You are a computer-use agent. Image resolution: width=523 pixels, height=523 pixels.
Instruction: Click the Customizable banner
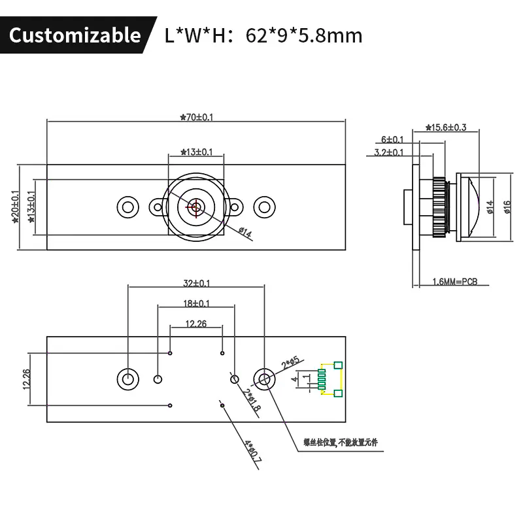pyautogui.click(x=75, y=35)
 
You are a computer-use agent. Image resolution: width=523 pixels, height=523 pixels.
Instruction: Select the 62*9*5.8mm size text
pyautogui.click(x=303, y=35)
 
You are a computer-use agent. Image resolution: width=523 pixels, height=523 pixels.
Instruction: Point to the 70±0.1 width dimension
pyautogui.click(x=197, y=118)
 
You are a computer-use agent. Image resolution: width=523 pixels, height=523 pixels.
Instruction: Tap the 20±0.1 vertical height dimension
pyautogui.click(x=15, y=207)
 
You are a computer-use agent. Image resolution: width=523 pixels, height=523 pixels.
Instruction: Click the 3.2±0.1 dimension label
pyautogui.click(x=388, y=152)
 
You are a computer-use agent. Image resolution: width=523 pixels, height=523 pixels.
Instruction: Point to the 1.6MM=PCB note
pyautogui.click(x=455, y=282)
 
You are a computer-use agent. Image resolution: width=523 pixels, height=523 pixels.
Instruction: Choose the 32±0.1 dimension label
pyautogui.click(x=197, y=283)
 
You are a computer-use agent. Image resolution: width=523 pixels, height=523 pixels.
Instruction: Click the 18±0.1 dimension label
pyautogui.click(x=197, y=303)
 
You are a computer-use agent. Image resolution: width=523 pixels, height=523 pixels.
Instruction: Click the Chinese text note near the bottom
pyautogui.click(x=341, y=443)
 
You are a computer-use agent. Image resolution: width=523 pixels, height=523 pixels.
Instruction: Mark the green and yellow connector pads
pyautogui.click(x=329, y=379)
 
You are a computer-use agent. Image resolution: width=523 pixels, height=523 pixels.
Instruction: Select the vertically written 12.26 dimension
pyautogui.click(x=26, y=379)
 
